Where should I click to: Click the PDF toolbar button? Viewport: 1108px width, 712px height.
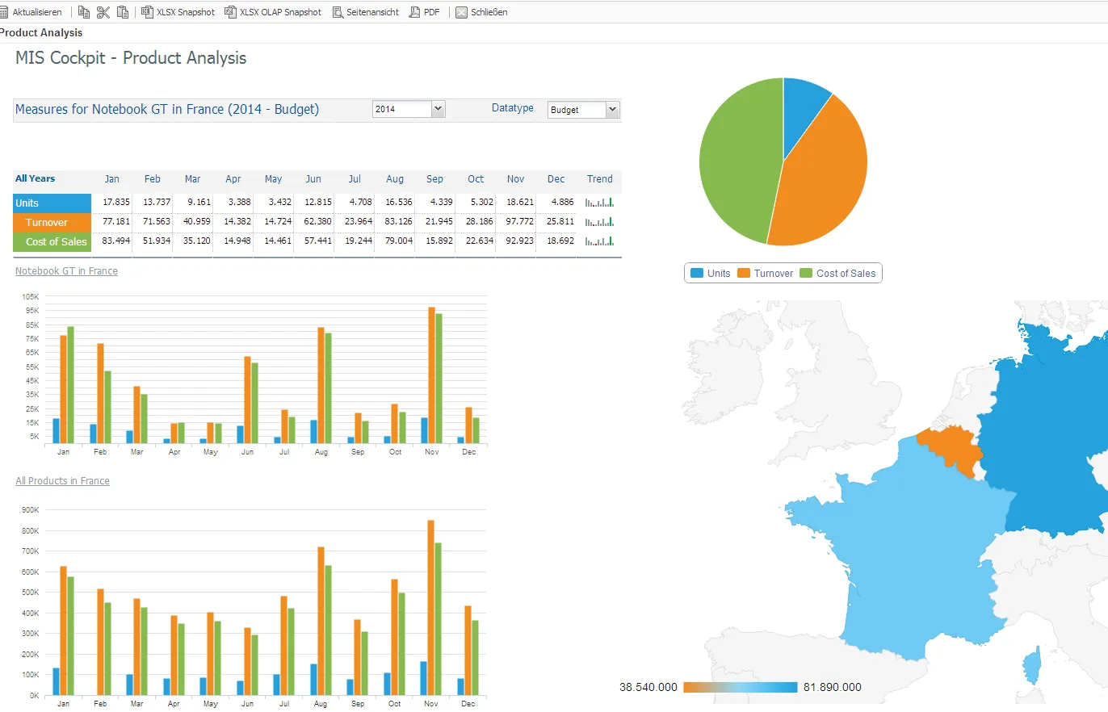pyautogui.click(x=425, y=12)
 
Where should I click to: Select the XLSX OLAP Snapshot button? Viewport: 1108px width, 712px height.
pyautogui.click(x=273, y=12)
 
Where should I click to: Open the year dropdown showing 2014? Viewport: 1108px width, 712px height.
pyautogui.click(x=409, y=109)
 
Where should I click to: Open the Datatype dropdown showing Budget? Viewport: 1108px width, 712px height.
pyautogui.click(x=583, y=110)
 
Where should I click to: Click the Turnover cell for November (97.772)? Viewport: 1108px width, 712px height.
pyautogui.click(x=519, y=221)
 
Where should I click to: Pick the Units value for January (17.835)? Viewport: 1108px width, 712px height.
pyautogui.click(x=115, y=203)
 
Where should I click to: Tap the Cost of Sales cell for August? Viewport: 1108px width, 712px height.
pyautogui.click(x=398, y=241)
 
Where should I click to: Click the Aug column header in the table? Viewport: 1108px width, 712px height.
pyautogui.click(x=395, y=179)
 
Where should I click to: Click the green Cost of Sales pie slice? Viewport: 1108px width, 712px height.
pyautogui.click(x=737, y=158)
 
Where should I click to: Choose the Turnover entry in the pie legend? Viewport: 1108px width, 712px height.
pyautogui.click(x=766, y=274)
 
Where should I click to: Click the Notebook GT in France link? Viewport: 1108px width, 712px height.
pyautogui.click(x=66, y=271)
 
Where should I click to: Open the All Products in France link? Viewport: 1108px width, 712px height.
pyautogui.click(x=62, y=480)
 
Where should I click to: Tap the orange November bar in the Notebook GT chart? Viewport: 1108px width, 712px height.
pyautogui.click(x=431, y=375)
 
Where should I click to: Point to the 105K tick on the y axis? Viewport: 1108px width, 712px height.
pyautogui.click(x=30, y=297)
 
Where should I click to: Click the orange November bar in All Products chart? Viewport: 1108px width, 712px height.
pyautogui.click(x=430, y=608)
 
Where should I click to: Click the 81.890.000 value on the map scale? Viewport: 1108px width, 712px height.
pyautogui.click(x=832, y=687)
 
